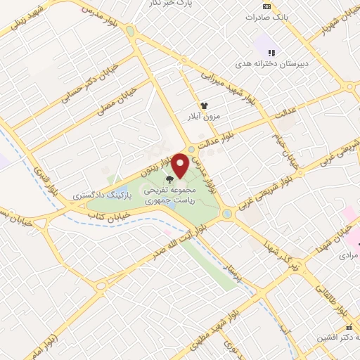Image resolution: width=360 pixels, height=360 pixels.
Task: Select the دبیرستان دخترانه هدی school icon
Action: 271,51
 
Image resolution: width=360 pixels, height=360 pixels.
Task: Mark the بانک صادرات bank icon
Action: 266,6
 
